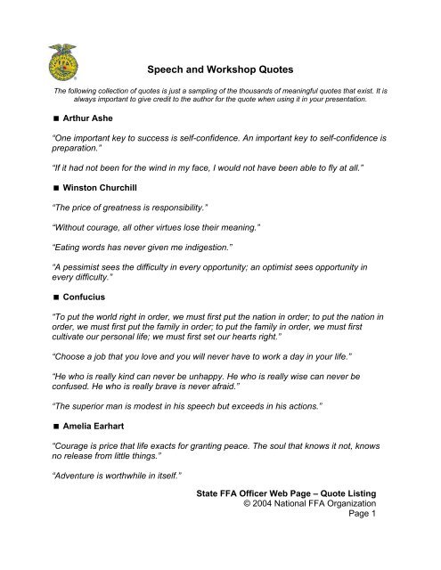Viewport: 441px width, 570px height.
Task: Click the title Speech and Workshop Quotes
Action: pyautogui.click(x=219, y=77)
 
